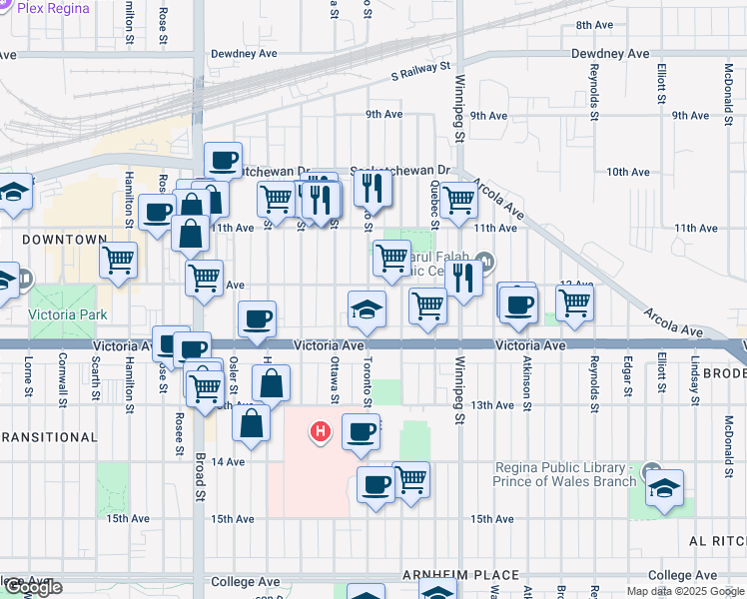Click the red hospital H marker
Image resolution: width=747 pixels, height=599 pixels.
click(x=321, y=432)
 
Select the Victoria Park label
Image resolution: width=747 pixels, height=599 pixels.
click(x=67, y=314)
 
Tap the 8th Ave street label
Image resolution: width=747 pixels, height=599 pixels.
click(x=593, y=24)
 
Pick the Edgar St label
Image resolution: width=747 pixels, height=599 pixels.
click(x=627, y=377)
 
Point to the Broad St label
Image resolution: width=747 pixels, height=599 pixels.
click(x=200, y=479)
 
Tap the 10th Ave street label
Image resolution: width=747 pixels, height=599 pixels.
click(x=627, y=173)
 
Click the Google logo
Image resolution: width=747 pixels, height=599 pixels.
click(x=33, y=588)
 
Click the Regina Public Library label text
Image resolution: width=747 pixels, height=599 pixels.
click(x=565, y=474)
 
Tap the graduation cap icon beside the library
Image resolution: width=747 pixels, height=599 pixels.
click(x=664, y=486)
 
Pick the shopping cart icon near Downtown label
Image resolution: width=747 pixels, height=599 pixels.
click(x=119, y=260)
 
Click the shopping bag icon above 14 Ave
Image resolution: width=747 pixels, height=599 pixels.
click(x=252, y=422)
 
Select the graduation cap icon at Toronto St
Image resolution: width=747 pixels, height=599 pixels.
click(x=368, y=308)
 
